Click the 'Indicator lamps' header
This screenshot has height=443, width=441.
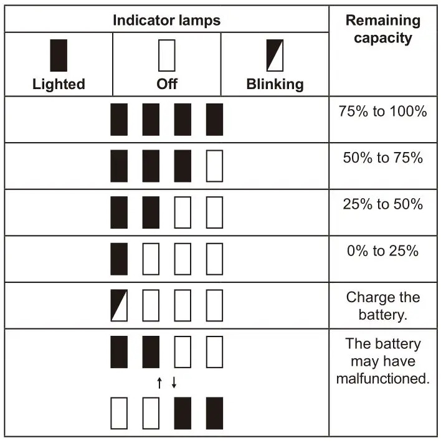click(x=166, y=21)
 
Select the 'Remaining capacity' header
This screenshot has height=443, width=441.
click(x=383, y=29)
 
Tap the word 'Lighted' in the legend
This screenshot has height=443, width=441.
click(x=59, y=84)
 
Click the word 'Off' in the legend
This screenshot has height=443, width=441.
click(x=166, y=84)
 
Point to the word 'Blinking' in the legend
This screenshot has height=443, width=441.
click(x=275, y=84)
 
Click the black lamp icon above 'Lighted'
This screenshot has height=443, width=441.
click(x=59, y=55)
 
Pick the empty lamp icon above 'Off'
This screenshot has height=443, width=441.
click(x=166, y=55)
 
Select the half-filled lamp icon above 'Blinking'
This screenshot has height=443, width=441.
click(x=275, y=55)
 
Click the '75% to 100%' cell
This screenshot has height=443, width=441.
click(x=383, y=112)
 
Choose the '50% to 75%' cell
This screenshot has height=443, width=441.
click(x=383, y=158)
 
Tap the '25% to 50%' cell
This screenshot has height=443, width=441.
click(x=383, y=204)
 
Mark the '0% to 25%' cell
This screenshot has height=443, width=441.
click(x=383, y=251)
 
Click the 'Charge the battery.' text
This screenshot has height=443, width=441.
click(x=383, y=305)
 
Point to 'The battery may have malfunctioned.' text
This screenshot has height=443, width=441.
click(x=383, y=361)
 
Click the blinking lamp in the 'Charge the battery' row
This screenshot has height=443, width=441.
click(x=119, y=305)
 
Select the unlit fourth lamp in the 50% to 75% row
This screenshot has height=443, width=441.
click(x=214, y=166)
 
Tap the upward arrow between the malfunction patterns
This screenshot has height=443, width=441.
click(x=159, y=383)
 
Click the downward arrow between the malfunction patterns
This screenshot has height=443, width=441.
click(x=174, y=383)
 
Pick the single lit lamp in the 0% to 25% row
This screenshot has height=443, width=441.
click(x=119, y=259)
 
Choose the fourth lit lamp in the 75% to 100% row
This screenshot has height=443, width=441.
click(x=214, y=119)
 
